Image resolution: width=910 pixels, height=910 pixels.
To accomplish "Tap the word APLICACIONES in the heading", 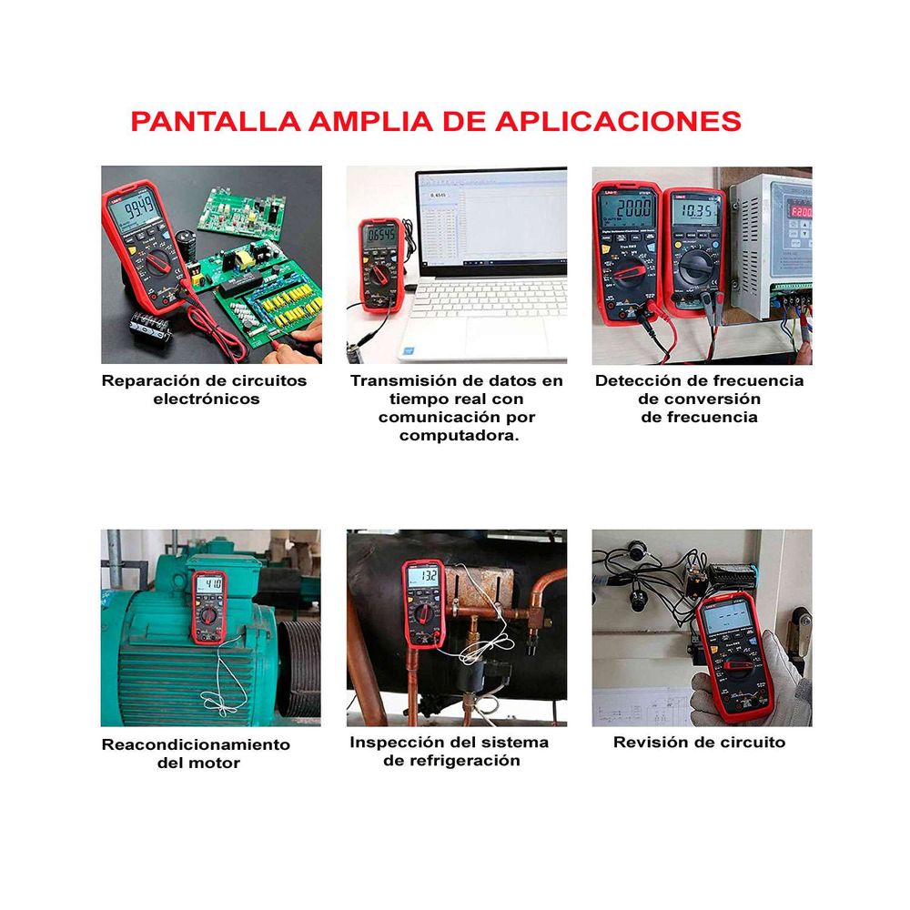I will click(618, 121).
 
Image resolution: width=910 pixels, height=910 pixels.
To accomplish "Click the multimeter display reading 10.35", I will click(696, 212).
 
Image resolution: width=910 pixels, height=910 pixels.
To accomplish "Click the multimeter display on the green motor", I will click(211, 583).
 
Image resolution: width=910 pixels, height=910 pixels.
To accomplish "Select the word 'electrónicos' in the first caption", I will click(207, 399).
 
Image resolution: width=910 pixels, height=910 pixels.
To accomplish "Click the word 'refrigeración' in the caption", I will click(451, 761).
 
